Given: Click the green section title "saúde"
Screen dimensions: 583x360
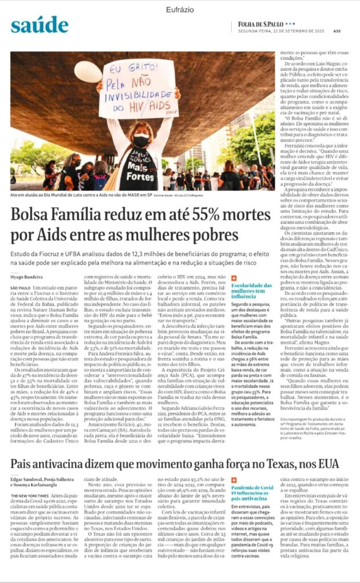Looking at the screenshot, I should click(39, 24).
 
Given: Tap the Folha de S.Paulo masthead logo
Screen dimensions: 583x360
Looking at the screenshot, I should click(268, 24).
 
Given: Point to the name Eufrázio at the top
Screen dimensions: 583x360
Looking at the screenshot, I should click(181, 10).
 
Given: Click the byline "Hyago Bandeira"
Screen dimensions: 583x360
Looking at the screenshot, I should click(26, 276).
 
